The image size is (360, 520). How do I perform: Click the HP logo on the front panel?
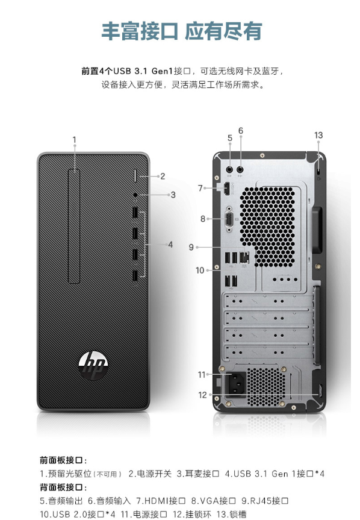pyautogui.click(x=93, y=366)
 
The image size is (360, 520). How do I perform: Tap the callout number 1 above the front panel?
pyautogui.click(x=75, y=140)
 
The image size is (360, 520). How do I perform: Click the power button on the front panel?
pyautogui.click(x=136, y=176)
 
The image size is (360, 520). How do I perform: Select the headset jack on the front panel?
pyautogui.click(x=135, y=195)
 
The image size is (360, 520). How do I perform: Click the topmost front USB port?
pyautogui.click(x=135, y=213)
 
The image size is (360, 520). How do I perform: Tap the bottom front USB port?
pyautogui.click(x=135, y=275)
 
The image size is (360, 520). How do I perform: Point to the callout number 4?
pyautogui.click(x=170, y=245)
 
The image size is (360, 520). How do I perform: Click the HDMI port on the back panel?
pyautogui.click(x=227, y=189)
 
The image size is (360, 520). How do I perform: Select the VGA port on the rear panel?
pyautogui.click(x=229, y=219)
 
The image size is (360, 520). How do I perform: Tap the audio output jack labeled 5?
pyautogui.click(x=229, y=169)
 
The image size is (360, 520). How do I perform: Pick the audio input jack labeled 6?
pyautogui.click(x=240, y=169)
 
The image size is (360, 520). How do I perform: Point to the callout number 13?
pyautogui.click(x=318, y=136)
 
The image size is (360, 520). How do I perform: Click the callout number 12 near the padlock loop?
pyautogui.click(x=202, y=395)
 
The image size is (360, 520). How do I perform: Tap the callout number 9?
pyautogui.click(x=191, y=248)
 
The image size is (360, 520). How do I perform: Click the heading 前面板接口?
pyautogui.click(x=61, y=460)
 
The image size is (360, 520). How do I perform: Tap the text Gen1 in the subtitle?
pyautogui.click(x=163, y=71)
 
